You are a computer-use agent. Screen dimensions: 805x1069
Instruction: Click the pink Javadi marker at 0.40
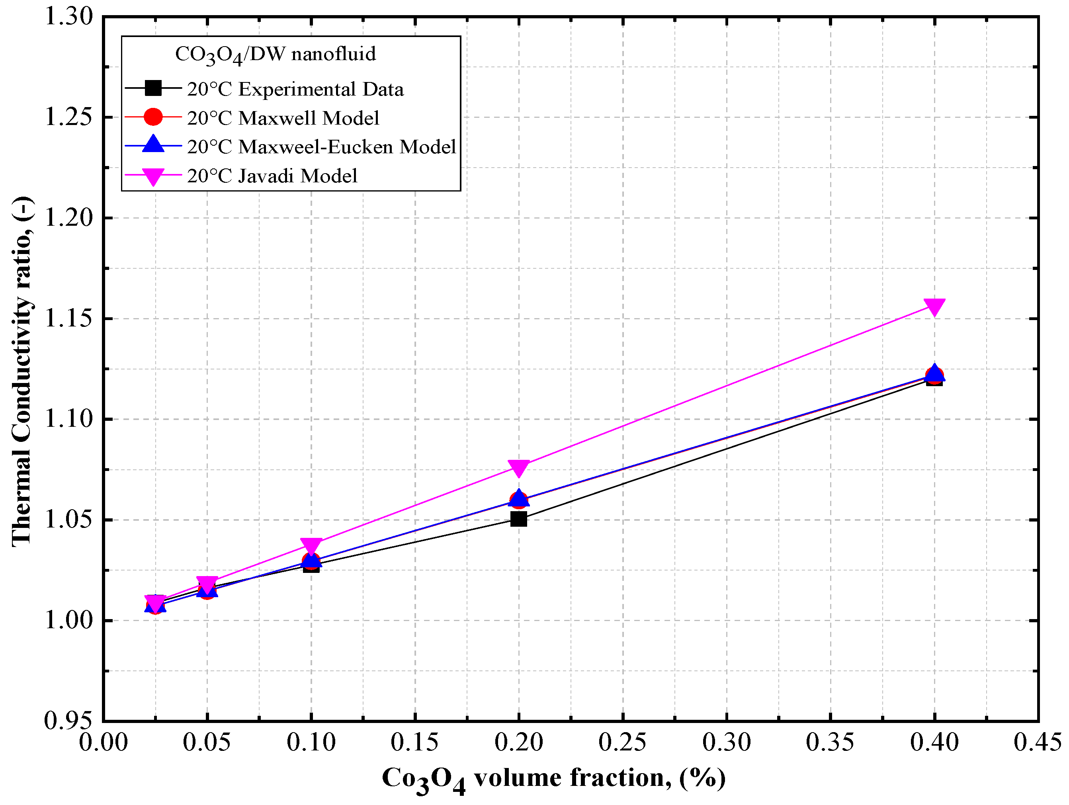(934, 306)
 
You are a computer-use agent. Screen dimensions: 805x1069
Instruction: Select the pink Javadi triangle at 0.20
(518, 467)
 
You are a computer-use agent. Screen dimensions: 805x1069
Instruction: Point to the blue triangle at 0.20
(518, 497)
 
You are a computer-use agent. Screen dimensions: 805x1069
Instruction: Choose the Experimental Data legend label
(295, 90)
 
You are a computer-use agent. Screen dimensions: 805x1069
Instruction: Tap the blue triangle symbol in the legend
(153, 145)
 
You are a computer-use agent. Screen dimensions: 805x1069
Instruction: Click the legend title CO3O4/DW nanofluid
(275, 54)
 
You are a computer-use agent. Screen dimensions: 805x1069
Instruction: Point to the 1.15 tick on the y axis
(68, 318)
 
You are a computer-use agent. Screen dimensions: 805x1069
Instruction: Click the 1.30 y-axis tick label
(68, 16)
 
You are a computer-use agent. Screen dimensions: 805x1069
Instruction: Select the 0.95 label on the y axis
(68, 721)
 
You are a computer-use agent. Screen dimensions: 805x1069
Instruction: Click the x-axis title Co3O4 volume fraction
(553, 778)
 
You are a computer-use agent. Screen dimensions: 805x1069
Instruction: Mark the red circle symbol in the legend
(153, 117)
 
